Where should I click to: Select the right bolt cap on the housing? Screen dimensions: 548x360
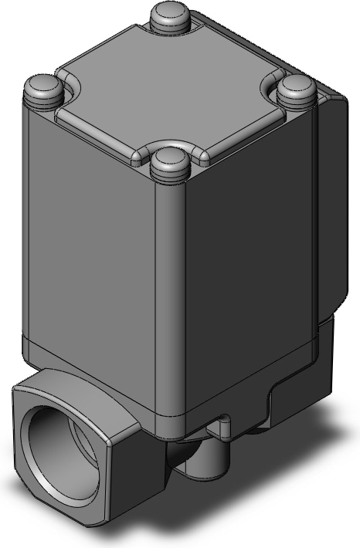pyautogui.click(x=296, y=90)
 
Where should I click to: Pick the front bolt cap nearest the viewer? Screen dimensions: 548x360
pyautogui.click(x=170, y=164)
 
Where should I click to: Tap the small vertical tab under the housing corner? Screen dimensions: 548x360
pyautogui.click(x=224, y=426)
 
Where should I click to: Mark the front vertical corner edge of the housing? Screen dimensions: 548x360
pyautogui.click(x=164, y=309)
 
